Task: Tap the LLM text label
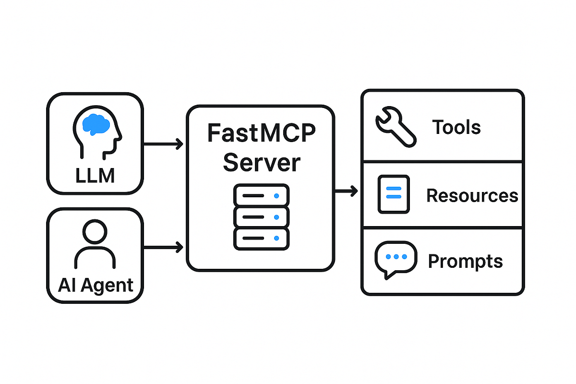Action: point(95,176)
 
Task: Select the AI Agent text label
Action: point(95,285)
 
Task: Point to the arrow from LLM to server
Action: point(163,143)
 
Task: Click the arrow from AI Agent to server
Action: point(163,248)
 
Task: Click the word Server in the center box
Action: point(261,162)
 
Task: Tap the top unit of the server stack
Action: point(261,196)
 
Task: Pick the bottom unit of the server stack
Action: point(261,238)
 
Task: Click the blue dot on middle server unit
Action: point(276,217)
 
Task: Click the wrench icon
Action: point(395,126)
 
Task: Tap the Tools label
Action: point(456,127)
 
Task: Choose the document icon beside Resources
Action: point(394,194)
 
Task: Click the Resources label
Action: point(472,195)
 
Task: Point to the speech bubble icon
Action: point(395,259)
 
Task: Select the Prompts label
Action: point(465,262)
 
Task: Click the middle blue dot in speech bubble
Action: point(396,256)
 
